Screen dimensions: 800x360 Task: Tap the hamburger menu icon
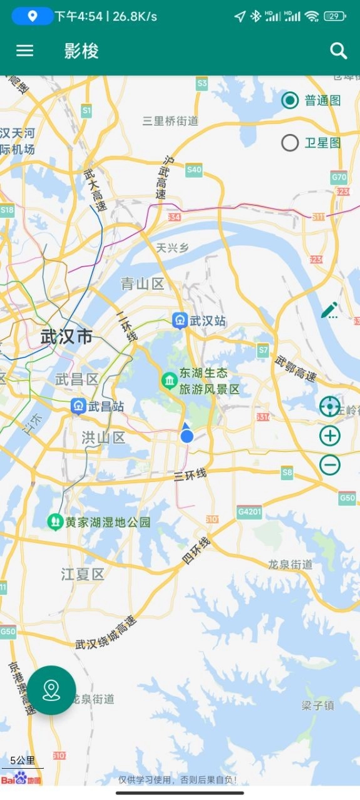pyautogui.click(x=25, y=51)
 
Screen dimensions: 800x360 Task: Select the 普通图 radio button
pyautogui.click(x=290, y=100)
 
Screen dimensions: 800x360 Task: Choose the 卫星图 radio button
pyautogui.click(x=290, y=143)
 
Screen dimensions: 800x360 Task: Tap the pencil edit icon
pyautogui.click(x=330, y=310)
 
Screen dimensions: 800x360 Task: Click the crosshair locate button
pyautogui.click(x=330, y=407)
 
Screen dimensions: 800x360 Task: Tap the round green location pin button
pyautogui.click(x=51, y=690)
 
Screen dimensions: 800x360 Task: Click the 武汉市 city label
pyautogui.click(x=66, y=337)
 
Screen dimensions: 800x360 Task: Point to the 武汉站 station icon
pyautogui.click(x=180, y=321)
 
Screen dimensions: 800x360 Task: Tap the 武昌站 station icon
pyautogui.click(x=78, y=406)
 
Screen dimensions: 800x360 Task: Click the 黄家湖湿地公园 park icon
pyautogui.click(x=56, y=521)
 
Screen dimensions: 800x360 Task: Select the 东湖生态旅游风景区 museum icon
pyautogui.click(x=169, y=381)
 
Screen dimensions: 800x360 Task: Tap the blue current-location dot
pyautogui.click(x=187, y=436)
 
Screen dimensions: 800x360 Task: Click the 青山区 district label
pyautogui.click(x=142, y=284)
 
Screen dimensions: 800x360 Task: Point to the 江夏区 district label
pyautogui.click(x=83, y=574)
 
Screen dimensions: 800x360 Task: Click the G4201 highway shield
pyautogui.click(x=249, y=512)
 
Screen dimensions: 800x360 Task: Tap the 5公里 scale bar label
pyautogui.click(x=23, y=761)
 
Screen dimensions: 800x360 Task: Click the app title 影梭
pyautogui.click(x=81, y=51)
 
